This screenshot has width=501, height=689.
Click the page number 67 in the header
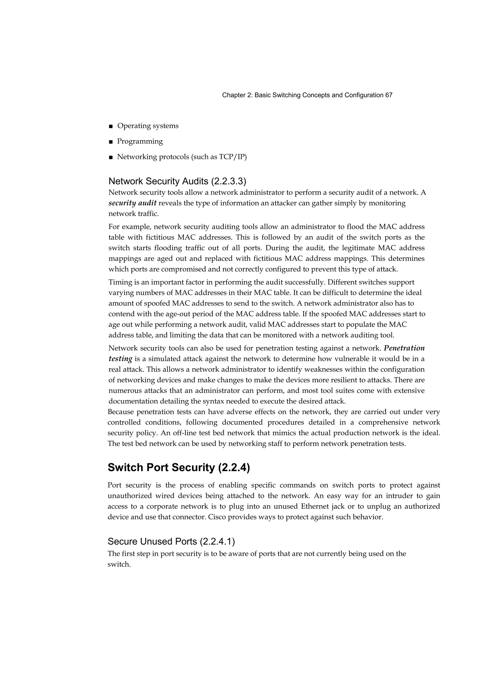pyautogui.click(x=389, y=95)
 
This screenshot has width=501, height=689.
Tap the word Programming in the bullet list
pyautogui.click(x=140, y=141)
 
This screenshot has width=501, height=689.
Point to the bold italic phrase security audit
pyautogui.click(x=133, y=203)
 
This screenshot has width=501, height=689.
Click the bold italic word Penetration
pyautogui.click(x=404, y=348)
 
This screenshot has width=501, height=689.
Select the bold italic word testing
pyautogui.click(x=120, y=359)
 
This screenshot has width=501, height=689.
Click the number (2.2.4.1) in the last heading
pyautogui.click(x=217, y=541)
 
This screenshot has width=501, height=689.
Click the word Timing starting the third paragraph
pyautogui.click(x=119, y=282)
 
